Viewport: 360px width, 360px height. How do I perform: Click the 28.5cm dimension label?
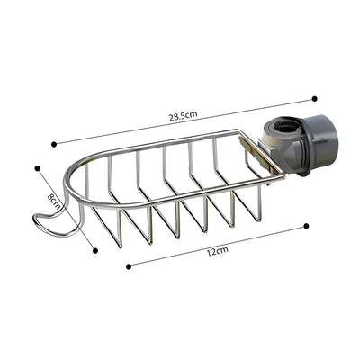184,115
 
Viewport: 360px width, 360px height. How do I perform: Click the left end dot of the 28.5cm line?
53,142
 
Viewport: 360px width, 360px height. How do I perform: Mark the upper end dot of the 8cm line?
37,167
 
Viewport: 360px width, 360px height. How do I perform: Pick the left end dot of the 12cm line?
128,265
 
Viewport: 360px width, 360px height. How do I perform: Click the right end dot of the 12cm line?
306,226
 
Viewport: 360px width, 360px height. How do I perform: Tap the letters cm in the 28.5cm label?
193,113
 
